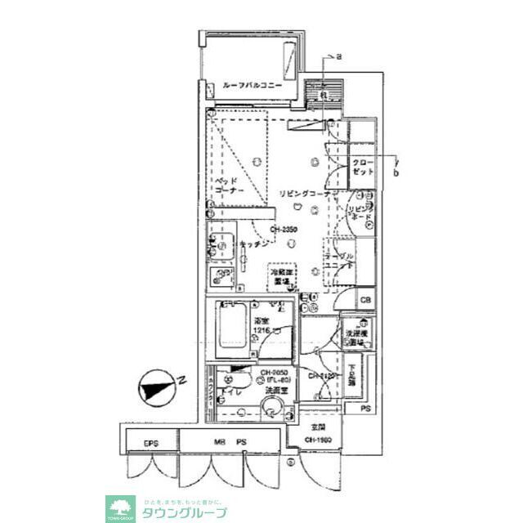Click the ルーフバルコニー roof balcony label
252,85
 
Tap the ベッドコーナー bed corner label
225,186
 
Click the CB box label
365,302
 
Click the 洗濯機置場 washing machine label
359,336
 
